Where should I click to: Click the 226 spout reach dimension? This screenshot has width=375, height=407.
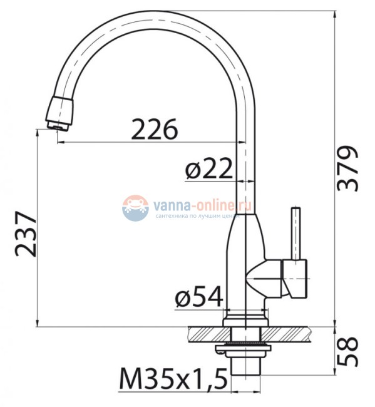click(155, 129)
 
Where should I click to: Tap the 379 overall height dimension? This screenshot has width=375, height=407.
click(348, 169)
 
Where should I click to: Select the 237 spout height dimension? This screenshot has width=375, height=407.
click(26, 234)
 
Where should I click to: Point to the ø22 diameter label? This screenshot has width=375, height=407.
click(208, 168)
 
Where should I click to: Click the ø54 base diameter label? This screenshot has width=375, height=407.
click(199, 296)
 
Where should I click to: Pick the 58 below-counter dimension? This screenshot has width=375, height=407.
click(348, 351)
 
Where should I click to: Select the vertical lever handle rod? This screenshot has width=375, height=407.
click(295, 233)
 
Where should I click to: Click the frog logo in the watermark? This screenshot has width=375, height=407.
click(135, 208)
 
